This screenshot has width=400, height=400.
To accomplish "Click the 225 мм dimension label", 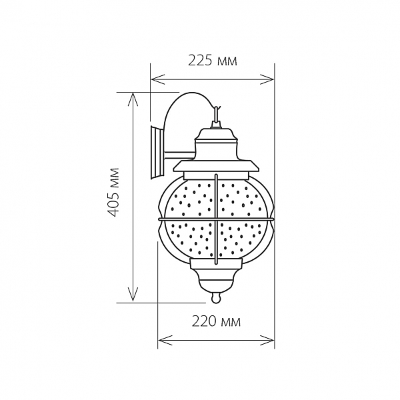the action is (x=213, y=61).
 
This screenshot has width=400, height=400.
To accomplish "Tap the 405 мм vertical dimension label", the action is (x=113, y=192).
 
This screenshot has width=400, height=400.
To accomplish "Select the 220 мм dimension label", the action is (x=216, y=322).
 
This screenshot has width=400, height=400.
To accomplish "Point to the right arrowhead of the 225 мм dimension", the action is (x=267, y=79).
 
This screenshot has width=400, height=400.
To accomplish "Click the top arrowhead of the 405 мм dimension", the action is (x=133, y=99).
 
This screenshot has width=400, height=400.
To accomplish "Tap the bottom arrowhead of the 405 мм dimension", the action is (x=133, y=295).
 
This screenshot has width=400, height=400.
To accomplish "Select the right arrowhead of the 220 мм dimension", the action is (x=267, y=341).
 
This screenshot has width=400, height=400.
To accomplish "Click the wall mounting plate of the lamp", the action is (x=157, y=152).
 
